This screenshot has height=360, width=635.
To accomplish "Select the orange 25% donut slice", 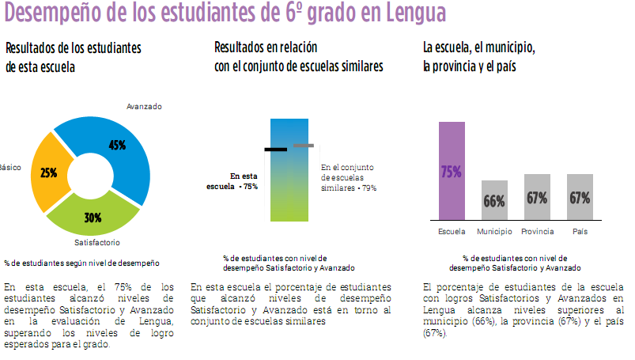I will (x=47, y=172).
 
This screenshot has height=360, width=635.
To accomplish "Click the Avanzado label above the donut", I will (x=144, y=106).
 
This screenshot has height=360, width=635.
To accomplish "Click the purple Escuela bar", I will (x=452, y=170).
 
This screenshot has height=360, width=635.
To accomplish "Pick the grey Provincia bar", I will (x=537, y=197).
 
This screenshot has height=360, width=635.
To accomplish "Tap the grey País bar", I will (x=580, y=197).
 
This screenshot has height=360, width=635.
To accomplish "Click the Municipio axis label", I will (x=494, y=231).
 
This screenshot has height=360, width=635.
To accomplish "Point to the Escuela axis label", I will (x=452, y=231).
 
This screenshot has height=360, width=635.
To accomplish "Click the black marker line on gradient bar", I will (x=276, y=149).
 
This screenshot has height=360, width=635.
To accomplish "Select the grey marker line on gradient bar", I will (x=304, y=146).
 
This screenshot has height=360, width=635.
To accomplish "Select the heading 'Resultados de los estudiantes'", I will (x=73, y=48).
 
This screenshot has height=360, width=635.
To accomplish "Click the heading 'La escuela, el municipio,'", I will (x=479, y=48).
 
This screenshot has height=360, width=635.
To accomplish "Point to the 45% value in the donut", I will (x=117, y=145).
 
